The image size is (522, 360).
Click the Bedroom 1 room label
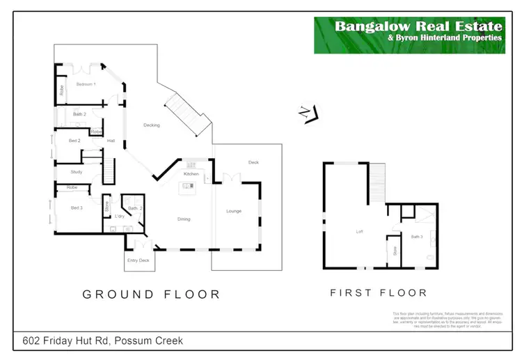click(86, 84)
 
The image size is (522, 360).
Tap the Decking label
click(152, 125)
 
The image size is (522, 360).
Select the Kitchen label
click(191, 174)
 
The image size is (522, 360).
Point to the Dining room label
click(184, 219)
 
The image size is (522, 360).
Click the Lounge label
click(234, 211)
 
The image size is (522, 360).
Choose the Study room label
click(77, 171)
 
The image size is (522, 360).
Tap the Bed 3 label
click(77, 208)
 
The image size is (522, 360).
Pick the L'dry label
click(119, 217)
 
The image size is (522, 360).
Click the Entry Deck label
click(139, 260)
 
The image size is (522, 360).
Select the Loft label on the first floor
click(360, 232)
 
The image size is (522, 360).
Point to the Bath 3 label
click(417, 237)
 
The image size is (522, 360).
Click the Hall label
click(111, 141)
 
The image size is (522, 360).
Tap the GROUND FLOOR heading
click(152, 295)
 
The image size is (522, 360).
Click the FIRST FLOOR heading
click(378, 293)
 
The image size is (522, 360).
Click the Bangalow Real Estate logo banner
click(409, 36)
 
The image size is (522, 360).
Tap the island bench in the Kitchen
click(187, 186)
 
